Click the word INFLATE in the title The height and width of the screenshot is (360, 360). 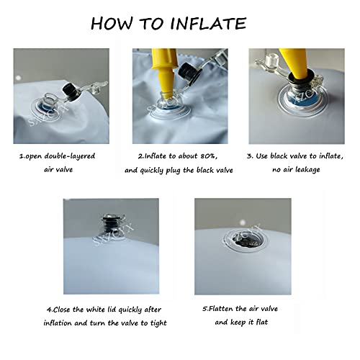pos(208,24)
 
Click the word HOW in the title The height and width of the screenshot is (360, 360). pos(112,24)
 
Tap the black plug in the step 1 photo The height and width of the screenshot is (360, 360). pos(71,92)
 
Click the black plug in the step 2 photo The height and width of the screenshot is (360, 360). pos(190,71)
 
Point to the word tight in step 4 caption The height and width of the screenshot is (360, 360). pos(158,323)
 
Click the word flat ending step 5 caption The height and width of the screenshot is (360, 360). pos(262,322)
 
